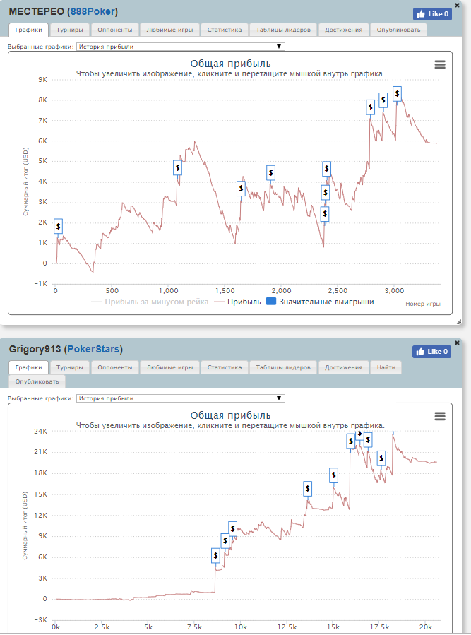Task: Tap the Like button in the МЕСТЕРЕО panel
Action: pyautogui.click(x=431, y=13)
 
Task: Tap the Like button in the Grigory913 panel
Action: pyautogui.click(x=431, y=351)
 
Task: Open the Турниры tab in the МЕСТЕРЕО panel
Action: pyautogui.click(x=70, y=30)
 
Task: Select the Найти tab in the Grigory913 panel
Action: pyautogui.click(x=386, y=367)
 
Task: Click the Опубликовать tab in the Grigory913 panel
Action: pyautogui.click(x=37, y=381)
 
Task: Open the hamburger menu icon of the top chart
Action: pyautogui.click(x=440, y=64)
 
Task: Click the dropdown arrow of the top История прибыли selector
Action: pyautogui.click(x=280, y=47)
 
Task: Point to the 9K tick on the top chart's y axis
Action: pyautogui.click(x=42, y=80)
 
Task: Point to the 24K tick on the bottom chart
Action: pyautogui.click(x=40, y=431)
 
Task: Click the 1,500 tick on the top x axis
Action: pyautogui.click(x=225, y=290)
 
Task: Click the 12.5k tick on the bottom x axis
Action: pyautogui.click(x=287, y=627)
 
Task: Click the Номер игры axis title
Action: pyautogui.click(x=423, y=304)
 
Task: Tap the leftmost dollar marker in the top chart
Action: pyautogui.click(x=58, y=225)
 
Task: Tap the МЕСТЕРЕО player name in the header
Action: pyautogui.click(x=36, y=12)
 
